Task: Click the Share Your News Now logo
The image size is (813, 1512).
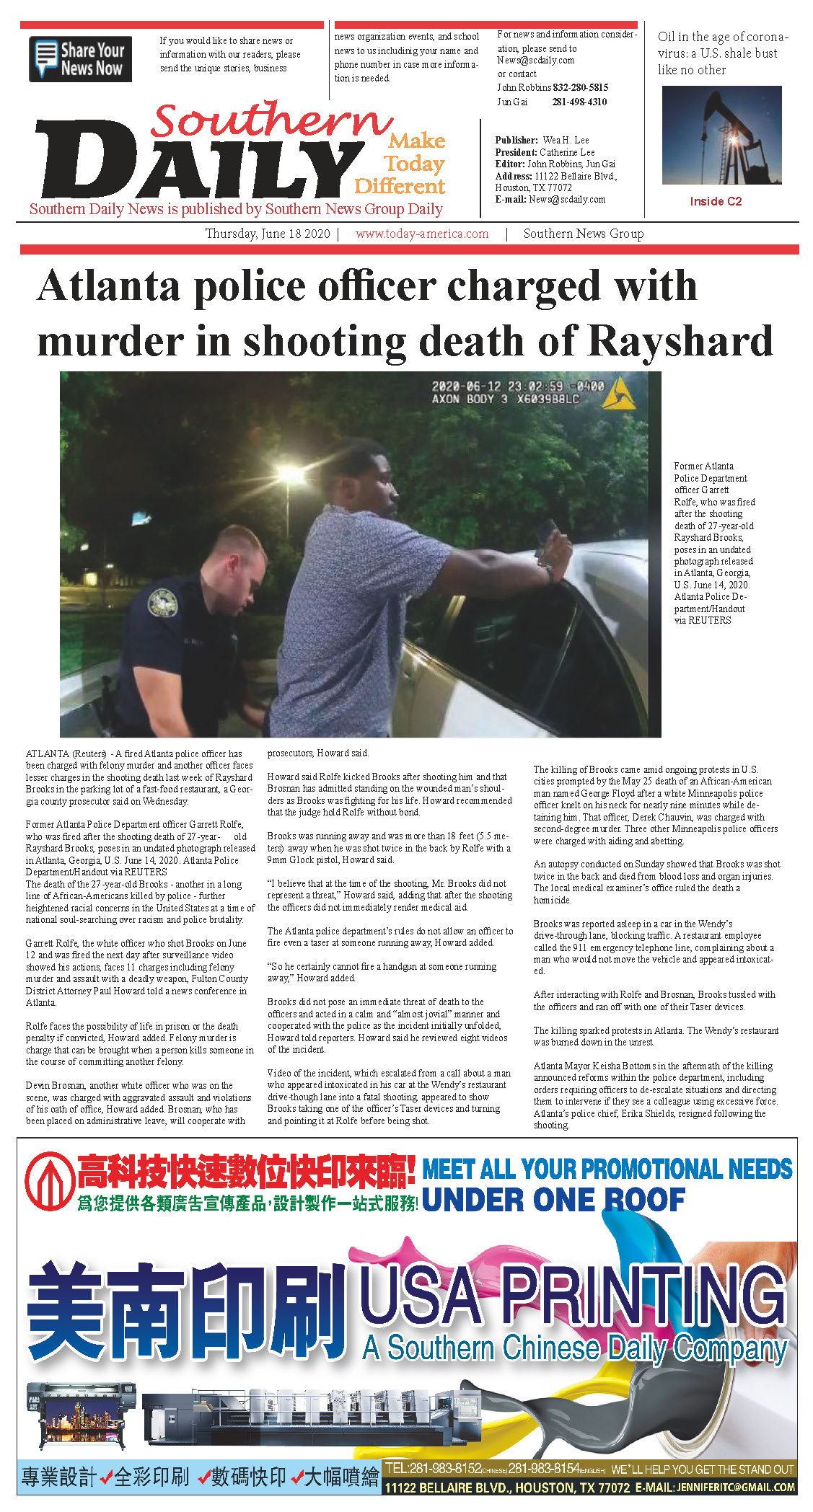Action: (x=80, y=59)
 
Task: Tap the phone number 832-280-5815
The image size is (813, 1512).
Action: (x=581, y=87)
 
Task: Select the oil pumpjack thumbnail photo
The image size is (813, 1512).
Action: (x=721, y=135)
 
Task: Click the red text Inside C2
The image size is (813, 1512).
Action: (x=716, y=202)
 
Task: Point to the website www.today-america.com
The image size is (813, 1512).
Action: (x=422, y=234)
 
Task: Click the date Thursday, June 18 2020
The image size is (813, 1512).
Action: (x=268, y=234)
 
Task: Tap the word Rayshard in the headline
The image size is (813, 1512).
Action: (x=681, y=341)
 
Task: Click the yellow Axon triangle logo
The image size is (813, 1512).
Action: (x=618, y=394)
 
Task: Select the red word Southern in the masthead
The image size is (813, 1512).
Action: (x=271, y=120)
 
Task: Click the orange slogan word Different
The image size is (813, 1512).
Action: (x=400, y=187)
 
